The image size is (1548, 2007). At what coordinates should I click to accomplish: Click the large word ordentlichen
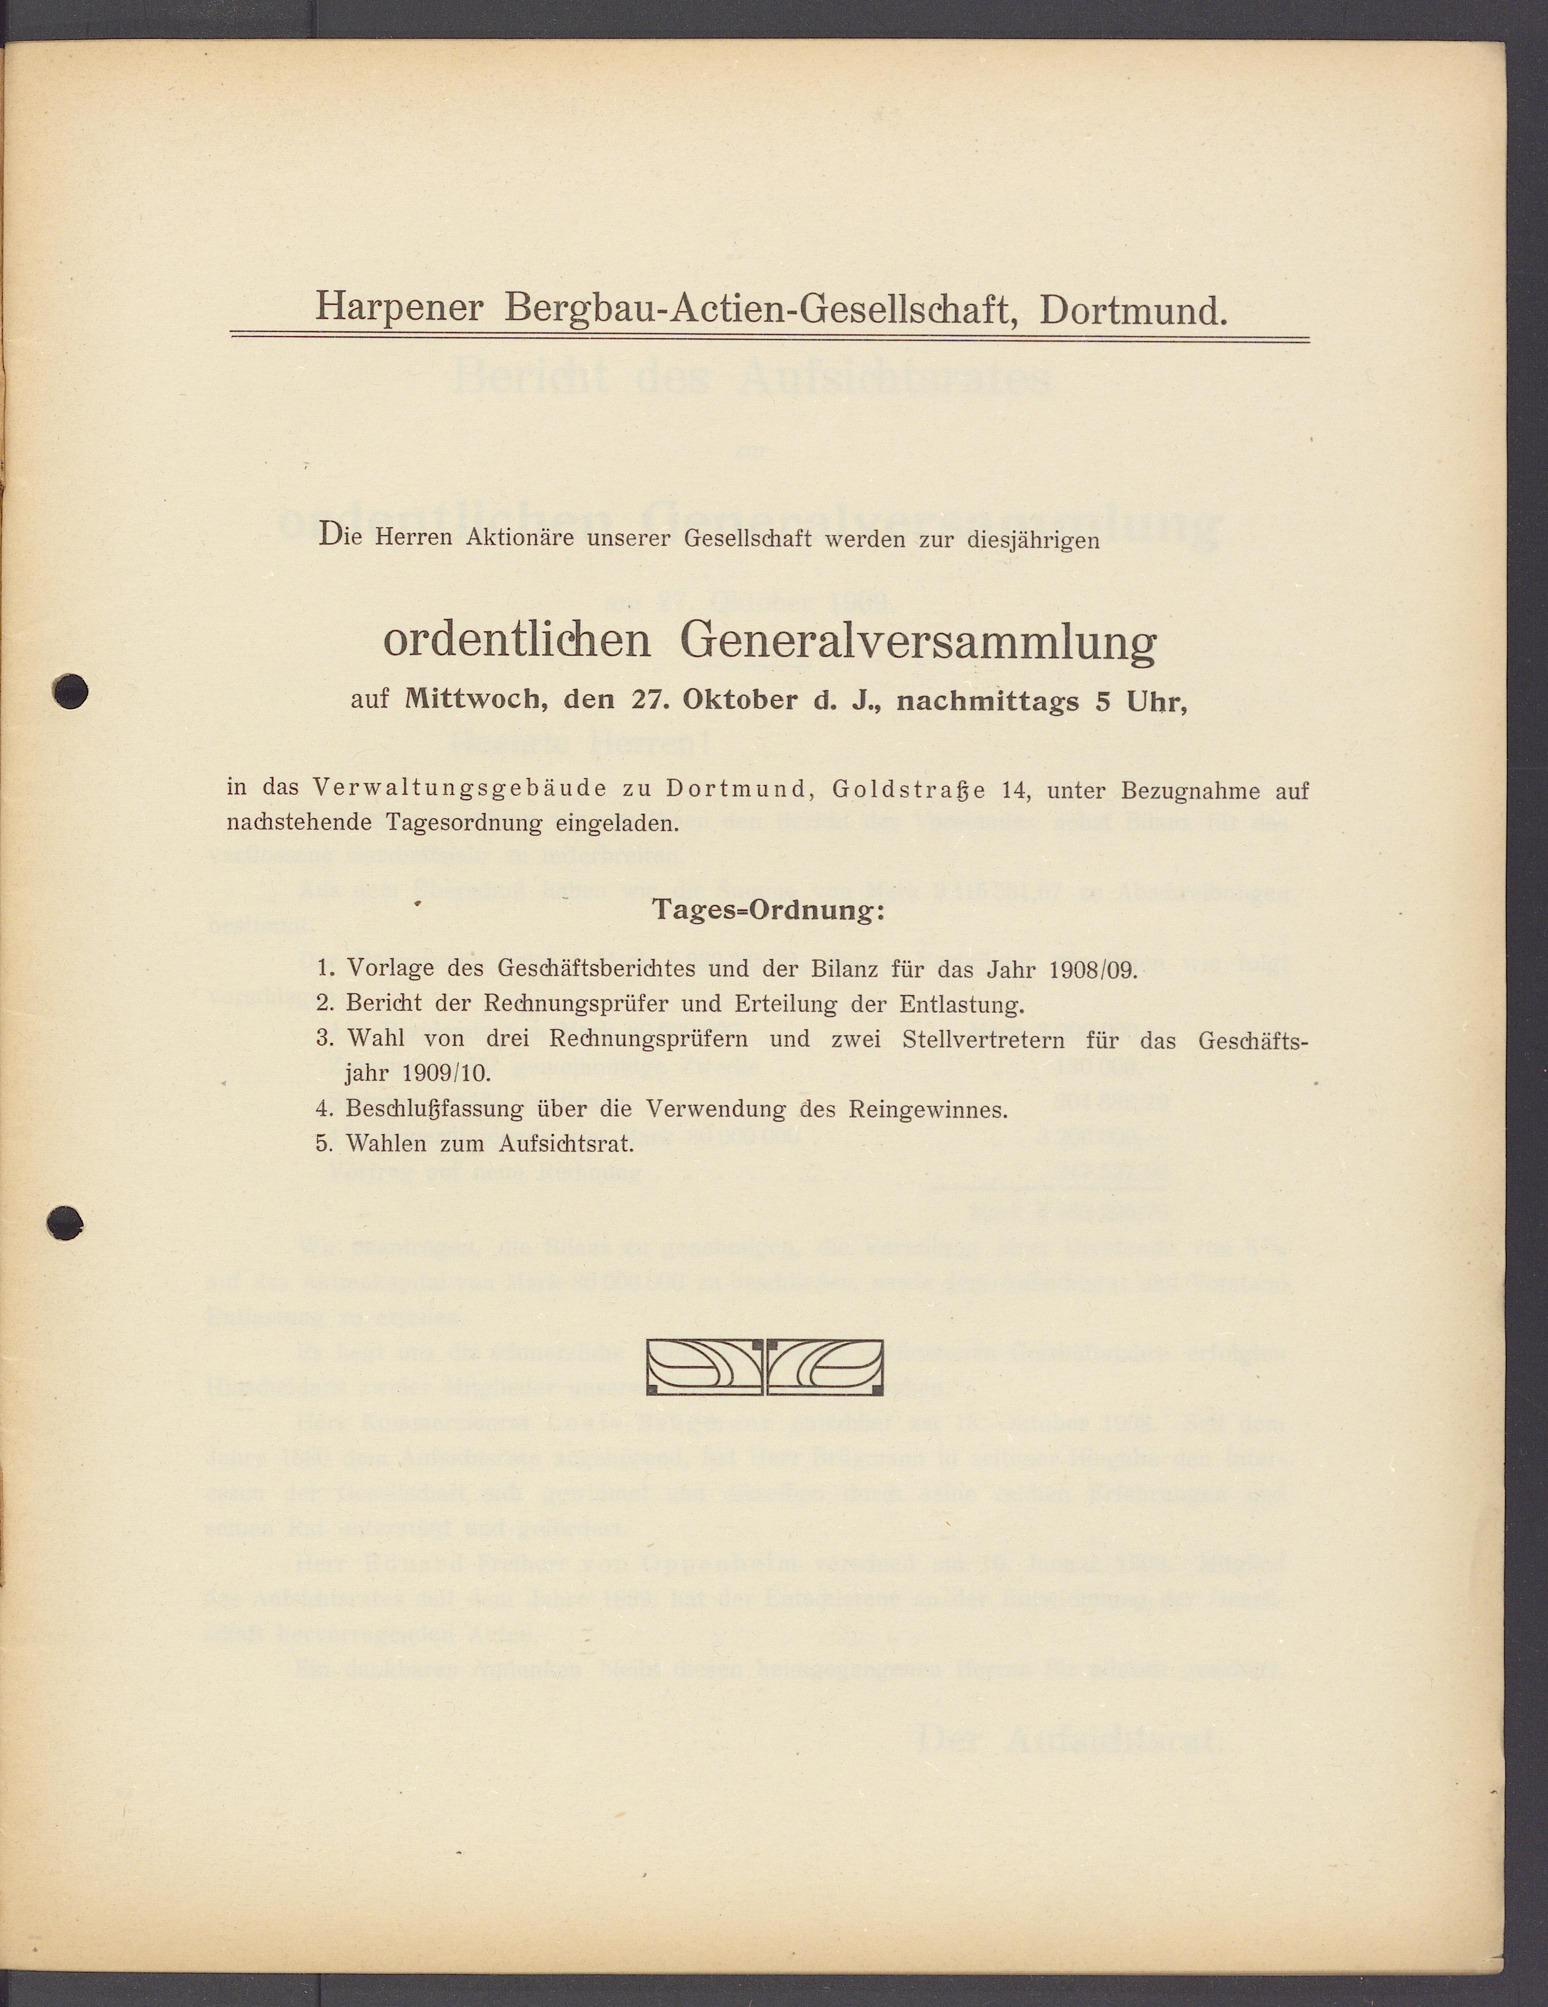[x=516, y=641]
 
